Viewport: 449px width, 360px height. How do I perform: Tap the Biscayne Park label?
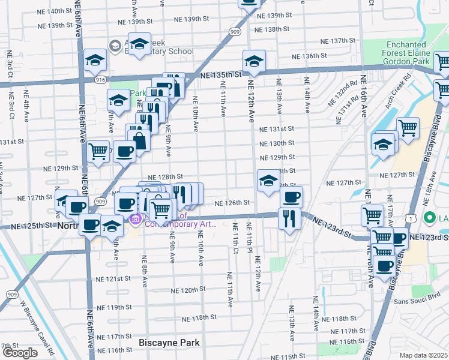[169, 343]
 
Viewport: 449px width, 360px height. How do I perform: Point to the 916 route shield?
[100, 79]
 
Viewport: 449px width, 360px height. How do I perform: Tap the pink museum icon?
[136, 220]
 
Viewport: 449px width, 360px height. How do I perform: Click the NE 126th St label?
[232, 203]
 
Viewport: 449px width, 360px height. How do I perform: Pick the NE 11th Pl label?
[248, 236]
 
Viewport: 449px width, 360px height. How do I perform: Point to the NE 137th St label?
[338, 41]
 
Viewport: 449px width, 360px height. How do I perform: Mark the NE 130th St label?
[277, 143]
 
